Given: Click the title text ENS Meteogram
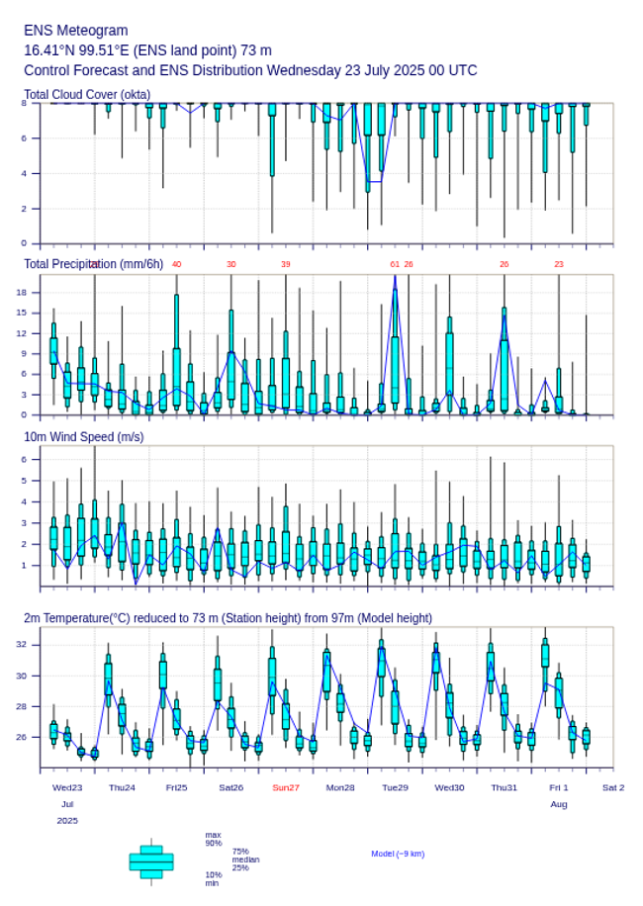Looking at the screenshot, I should coord(76,31).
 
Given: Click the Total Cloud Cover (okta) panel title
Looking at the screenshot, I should coord(86,95).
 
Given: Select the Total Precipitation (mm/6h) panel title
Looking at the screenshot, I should coord(94,264).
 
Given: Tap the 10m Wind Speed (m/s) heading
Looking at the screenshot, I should coord(83,437).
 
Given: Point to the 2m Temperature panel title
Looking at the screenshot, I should coord(228,618).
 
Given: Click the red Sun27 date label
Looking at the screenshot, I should coord(286,787).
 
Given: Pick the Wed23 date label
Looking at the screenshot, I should coord(67,787).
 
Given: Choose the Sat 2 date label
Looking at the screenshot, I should coord(613,787).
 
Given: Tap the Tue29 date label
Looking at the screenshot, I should coord(395,787).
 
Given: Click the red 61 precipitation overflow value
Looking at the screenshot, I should coord(395,264).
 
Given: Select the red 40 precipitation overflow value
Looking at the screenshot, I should coord(176,264).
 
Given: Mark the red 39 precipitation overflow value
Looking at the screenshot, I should coord(285,264).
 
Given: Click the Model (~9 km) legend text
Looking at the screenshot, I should coord(398,854).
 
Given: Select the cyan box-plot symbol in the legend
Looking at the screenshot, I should coord(151,861).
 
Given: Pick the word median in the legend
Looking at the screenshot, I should coord(245,860).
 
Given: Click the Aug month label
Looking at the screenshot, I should coord(559,804).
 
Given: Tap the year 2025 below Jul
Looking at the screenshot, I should coord(67,821).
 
